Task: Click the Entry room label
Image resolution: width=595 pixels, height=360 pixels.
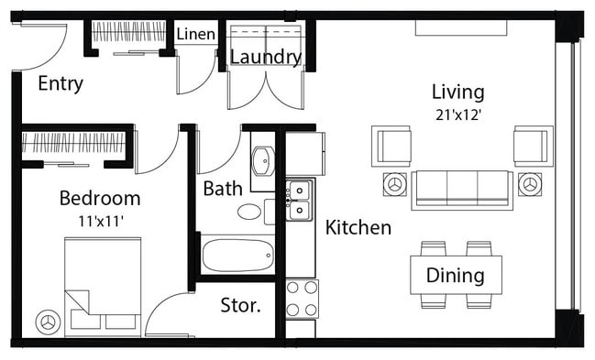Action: (x=61, y=84)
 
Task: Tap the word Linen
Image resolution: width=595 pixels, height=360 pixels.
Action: (x=195, y=35)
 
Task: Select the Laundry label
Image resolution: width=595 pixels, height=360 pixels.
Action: (x=265, y=58)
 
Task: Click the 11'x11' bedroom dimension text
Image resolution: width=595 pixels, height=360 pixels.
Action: (x=99, y=220)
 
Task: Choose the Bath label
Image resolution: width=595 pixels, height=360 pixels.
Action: (x=223, y=189)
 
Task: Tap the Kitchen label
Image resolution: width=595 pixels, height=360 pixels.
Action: (x=358, y=227)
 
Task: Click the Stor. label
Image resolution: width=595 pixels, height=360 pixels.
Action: (x=240, y=305)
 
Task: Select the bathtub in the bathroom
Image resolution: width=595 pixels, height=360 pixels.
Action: (x=237, y=255)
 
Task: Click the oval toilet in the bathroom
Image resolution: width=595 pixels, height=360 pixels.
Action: (x=249, y=212)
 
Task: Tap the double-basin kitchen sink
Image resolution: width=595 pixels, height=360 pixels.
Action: (x=299, y=201)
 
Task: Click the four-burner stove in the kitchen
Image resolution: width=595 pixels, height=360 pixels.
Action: (x=302, y=298)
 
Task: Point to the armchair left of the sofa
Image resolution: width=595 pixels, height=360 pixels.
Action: (x=391, y=146)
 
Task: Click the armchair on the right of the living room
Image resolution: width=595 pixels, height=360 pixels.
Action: (x=533, y=146)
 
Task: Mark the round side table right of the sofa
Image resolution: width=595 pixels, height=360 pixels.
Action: (x=529, y=184)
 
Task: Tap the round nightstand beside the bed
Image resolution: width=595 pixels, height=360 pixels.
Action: (x=48, y=322)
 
